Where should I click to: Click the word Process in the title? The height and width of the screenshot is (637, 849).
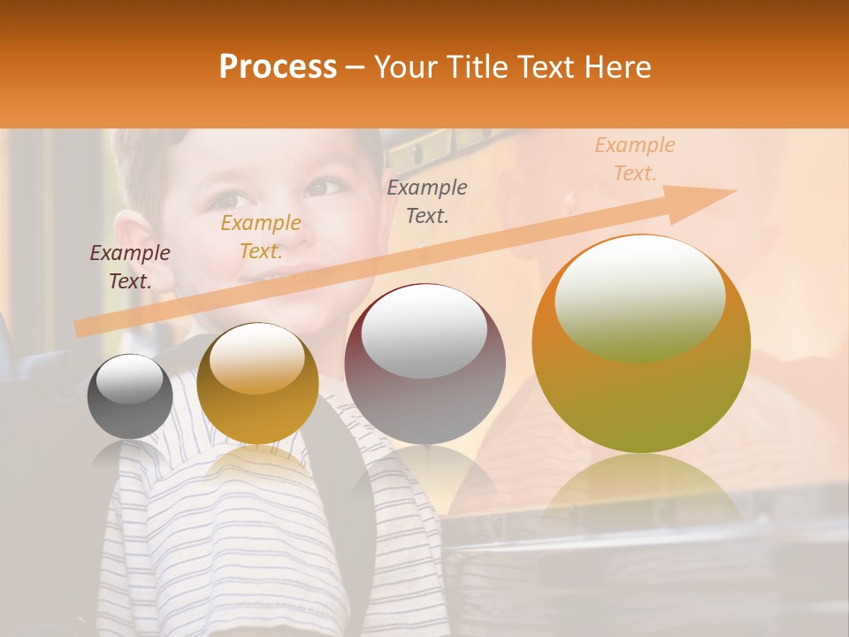click(278, 67)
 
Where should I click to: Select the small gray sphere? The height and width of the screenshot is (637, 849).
click(130, 396)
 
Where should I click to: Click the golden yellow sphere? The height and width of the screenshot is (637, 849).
click(257, 383)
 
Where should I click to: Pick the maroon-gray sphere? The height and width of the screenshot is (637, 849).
click(424, 364)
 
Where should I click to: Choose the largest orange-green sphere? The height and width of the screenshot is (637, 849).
click(641, 343)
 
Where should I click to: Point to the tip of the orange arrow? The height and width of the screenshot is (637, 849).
click(733, 191)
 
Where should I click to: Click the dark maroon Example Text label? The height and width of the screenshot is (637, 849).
click(130, 267)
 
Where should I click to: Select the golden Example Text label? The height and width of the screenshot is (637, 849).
click(261, 237)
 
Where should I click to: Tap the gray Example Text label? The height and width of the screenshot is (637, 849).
click(427, 201)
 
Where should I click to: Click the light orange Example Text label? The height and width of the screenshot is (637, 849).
click(635, 159)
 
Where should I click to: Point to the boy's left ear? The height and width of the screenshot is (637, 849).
click(133, 252)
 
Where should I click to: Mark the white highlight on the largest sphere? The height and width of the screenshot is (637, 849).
click(639, 297)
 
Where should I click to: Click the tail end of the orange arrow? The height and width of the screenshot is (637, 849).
click(80, 329)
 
